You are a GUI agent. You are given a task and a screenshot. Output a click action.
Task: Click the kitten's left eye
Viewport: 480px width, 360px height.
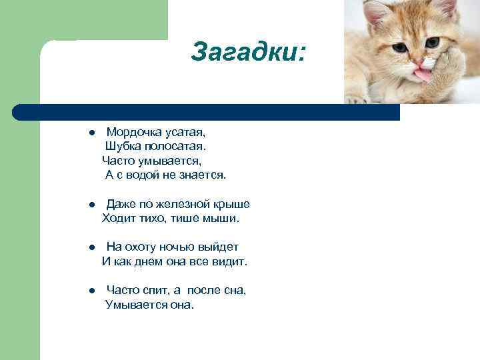401,48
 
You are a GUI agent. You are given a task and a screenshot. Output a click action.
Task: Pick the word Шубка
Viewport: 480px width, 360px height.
123,146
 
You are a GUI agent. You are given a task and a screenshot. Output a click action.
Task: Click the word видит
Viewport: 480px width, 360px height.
231,262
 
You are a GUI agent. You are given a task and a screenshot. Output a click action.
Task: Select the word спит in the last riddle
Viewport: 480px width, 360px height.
154,291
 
